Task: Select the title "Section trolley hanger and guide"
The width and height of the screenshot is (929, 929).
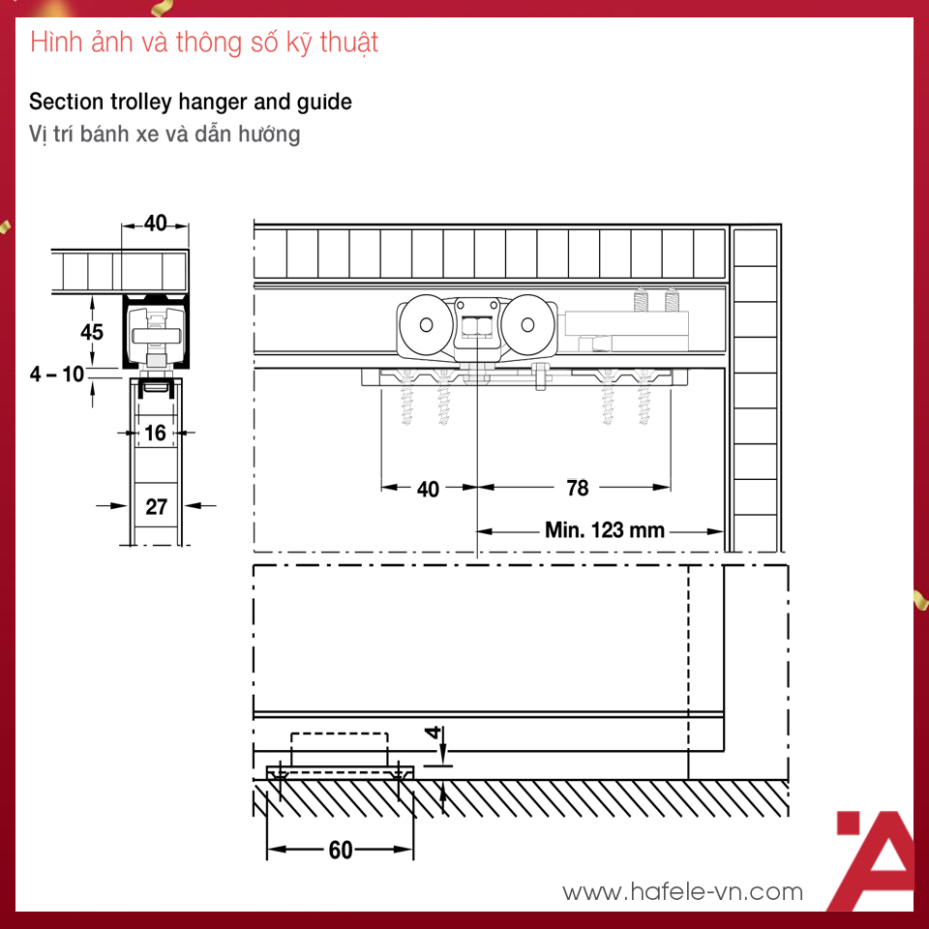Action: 191,102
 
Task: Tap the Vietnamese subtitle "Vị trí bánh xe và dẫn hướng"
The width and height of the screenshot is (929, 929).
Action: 165,134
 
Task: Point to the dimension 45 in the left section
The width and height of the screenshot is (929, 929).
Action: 92,332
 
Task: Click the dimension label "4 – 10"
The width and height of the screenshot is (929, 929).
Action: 57,375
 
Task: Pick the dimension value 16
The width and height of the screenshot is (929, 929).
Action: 155,434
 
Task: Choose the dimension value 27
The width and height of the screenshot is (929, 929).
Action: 157,506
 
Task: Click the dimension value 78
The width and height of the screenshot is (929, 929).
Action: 578,488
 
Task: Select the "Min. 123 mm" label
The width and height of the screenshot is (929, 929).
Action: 605,529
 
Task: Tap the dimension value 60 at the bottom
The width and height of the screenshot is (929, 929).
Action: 341,851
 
